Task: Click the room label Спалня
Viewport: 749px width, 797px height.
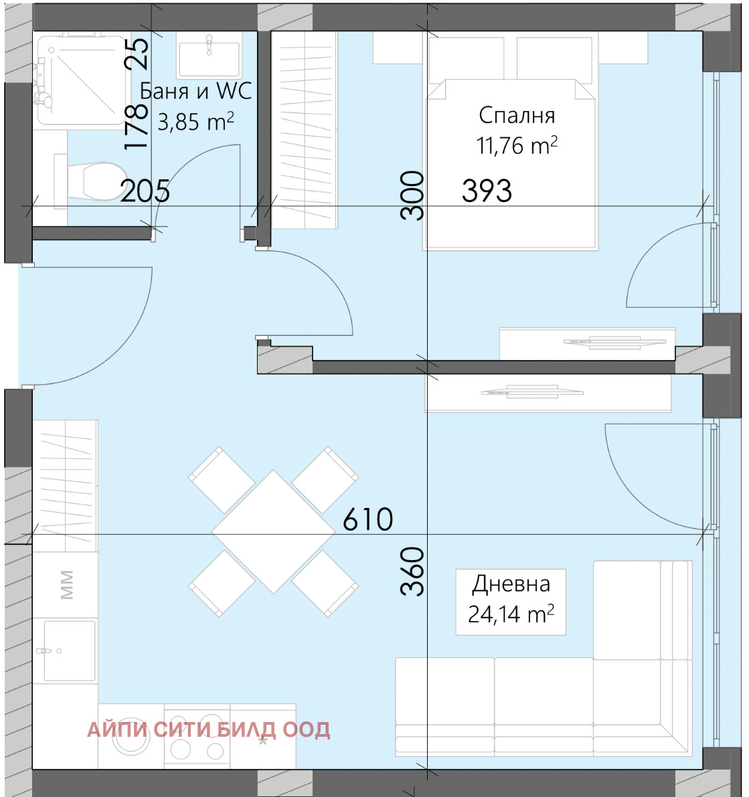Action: click(x=517, y=116)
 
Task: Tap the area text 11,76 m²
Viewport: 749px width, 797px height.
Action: click(x=517, y=145)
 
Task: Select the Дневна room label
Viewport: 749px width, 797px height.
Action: click(x=511, y=585)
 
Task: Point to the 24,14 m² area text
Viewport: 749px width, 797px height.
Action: click(x=511, y=614)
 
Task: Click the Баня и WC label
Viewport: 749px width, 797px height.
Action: click(x=195, y=92)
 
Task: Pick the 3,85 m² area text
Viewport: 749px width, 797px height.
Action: click(x=195, y=122)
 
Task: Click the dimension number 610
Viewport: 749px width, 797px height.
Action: click(x=367, y=519)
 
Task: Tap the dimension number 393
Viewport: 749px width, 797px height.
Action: click(x=487, y=191)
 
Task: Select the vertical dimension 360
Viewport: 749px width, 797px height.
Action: click(x=412, y=571)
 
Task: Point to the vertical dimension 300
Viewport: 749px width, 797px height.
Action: click(x=412, y=195)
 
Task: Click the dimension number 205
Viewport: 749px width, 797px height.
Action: click(x=145, y=191)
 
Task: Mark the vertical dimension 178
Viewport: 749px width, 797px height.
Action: click(x=137, y=126)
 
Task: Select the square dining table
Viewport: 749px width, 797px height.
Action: click(x=274, y=532)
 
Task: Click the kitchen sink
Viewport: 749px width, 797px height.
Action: click(x=70, y=650)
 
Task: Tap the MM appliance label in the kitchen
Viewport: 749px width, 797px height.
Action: click(x=67, y=585)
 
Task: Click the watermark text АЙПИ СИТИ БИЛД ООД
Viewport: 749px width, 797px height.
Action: click(x=208, y=730)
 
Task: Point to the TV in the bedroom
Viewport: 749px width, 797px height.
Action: click(x=614, y=343)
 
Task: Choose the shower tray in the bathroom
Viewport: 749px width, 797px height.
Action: click(x=82, y=80)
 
